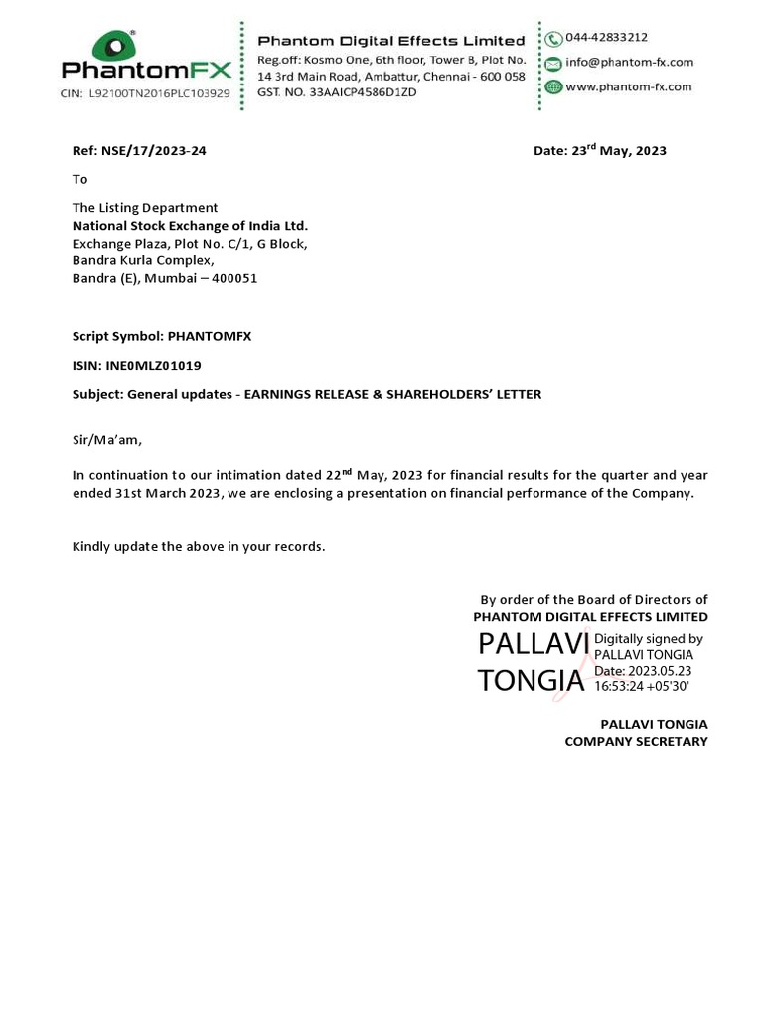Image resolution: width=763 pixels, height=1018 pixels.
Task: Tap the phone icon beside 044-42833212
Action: point(553,39)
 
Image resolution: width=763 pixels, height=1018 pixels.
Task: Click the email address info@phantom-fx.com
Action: point(629,62)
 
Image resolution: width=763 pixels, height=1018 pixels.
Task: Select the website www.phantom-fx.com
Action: point(628,86)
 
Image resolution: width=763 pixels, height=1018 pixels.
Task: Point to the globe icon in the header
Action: point(553,86)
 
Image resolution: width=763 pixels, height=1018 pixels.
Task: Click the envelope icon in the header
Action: point(553,63)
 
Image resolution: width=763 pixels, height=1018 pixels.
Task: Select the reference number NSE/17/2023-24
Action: point(153,151)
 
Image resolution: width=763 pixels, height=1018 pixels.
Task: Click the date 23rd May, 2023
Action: point(618,151)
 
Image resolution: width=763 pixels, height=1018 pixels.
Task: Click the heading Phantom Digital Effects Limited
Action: point(391,41)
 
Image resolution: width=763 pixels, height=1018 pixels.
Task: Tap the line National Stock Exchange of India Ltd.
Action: point(190,225)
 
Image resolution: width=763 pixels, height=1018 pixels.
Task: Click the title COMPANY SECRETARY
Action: point(636,741)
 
